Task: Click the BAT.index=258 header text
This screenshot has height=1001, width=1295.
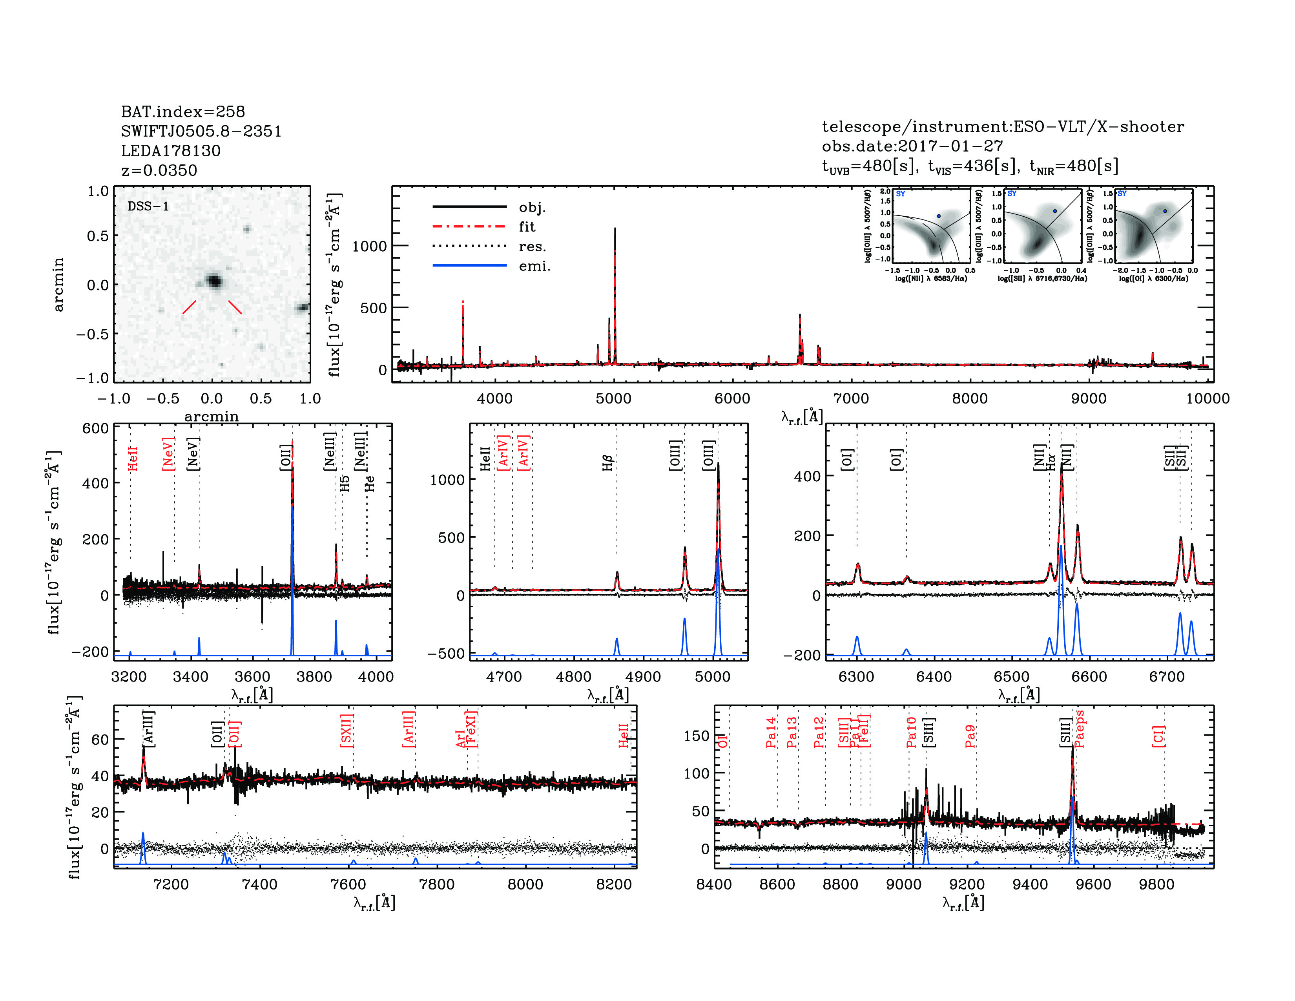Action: [182, 111]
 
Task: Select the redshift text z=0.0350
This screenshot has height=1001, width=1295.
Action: [159, 171]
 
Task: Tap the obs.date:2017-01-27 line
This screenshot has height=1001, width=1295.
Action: [912, 146]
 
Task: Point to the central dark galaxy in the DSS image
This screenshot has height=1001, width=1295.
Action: [214, 281]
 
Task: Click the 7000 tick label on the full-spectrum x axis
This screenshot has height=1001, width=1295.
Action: [851, 398]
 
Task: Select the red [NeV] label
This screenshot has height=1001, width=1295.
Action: [168, 454]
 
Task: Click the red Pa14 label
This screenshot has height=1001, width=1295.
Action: [771, 732]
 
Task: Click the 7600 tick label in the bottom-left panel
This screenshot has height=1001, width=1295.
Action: [348, 884]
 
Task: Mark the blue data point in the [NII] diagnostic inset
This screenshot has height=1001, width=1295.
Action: [939, 216]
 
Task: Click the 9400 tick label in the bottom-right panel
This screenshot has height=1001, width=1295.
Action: [1030, 884]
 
